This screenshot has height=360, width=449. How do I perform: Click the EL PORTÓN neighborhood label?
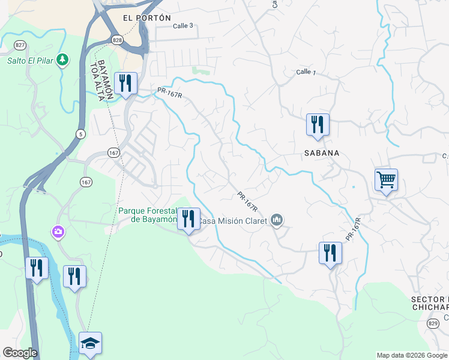click(146, 18)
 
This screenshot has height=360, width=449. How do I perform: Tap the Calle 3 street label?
click(183, 26)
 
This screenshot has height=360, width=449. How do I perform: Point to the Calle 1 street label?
click(306, 72)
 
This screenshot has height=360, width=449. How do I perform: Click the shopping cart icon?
click(386, 179)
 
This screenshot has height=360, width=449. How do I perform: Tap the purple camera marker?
click(58, 232)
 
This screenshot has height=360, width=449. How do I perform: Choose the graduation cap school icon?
click(90, 343)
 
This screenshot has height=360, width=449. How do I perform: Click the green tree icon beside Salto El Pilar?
click(62, 59)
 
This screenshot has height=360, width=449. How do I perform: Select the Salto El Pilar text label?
click(29, 60)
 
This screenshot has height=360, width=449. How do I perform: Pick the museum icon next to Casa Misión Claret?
click(277, 221)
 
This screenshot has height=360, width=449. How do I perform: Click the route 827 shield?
click(21, 45)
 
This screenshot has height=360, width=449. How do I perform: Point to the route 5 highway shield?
click(80, 133)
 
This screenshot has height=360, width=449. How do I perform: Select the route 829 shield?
click(432, 323)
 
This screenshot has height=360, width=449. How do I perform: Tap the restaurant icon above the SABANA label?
click(317, 124)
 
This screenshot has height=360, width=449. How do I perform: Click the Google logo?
click(20, 353)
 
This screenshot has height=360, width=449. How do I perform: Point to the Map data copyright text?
click(411, 355)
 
